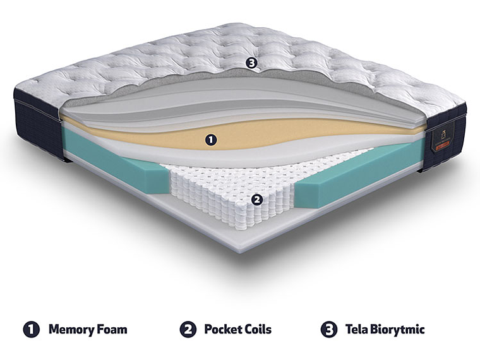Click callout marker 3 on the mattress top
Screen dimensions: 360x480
tap(252, 63)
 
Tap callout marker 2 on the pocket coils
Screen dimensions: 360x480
tap(257, 200)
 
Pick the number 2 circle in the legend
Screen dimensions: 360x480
tap(187, 329)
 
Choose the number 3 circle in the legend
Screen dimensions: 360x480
tap(328, 329)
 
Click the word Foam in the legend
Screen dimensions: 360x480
tap(112, 329)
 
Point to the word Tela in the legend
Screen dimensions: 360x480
tap(356, 329)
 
